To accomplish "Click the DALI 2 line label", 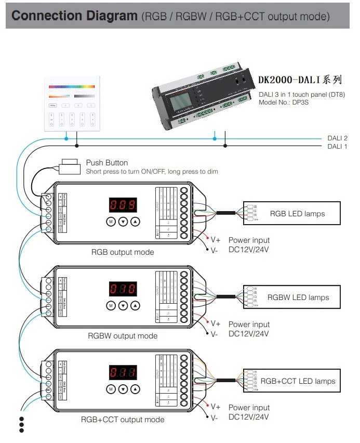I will tap(337, 138).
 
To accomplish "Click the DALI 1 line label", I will tap(337, 147).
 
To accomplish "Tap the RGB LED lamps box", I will tap(292, 214).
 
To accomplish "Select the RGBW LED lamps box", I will tap(292, 297).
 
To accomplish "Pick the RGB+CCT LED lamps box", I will tap(292, 381).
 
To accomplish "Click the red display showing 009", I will tap(123, 205).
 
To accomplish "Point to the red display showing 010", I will tap(123, 289).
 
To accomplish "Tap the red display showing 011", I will tap(123, 372).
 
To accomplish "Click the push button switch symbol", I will tap(69, 166).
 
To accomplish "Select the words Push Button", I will tap(106, 163).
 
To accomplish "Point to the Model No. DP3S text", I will tap(285, 102).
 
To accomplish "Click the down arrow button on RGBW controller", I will tap(123, 305).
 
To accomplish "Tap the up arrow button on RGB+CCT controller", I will tap(136, 388).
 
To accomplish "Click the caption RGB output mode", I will tap(123, 252).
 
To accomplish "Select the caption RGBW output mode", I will tap(123, 336).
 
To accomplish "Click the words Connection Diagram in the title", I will tap(74, 16).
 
